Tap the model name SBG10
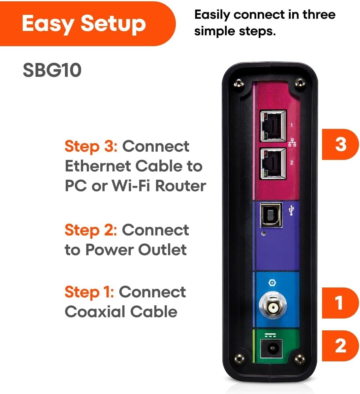(x=52, y=70)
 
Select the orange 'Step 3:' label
(x=91, y=146)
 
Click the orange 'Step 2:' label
(x=91, y=230)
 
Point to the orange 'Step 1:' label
(x=89, y=292)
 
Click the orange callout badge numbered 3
(x=340, y=144)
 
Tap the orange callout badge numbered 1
(x=340, y=303)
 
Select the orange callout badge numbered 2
(x=340, y=346)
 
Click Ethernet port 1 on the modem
(x=273, y=126)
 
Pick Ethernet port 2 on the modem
(x=273, y=164)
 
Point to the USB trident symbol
(x=291, y=210)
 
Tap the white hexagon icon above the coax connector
(x=272, y=283)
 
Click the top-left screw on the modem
(x=238, y=82)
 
